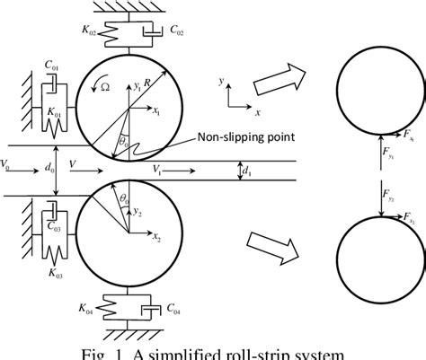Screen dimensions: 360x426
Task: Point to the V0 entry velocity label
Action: pyautogui.click(x=8, y=162)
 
